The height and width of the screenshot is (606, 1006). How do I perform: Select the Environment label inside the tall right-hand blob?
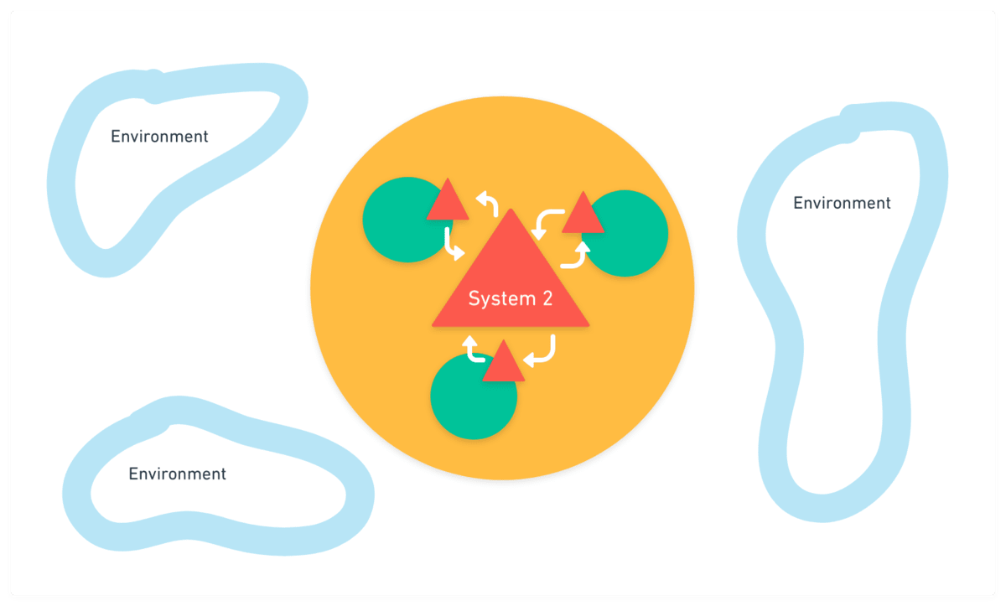click(842, 203)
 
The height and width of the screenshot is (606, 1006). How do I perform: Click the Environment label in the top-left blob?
click(159, 136)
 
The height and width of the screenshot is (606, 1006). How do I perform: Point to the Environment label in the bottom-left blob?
click(177, 474)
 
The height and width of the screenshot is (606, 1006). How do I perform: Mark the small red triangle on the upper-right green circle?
click(583, 215)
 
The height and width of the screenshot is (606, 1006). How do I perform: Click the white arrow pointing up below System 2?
click(474, 350)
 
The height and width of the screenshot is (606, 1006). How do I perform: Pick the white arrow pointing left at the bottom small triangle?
click(540, 352)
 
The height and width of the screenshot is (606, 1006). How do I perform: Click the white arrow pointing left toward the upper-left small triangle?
click(489, 202)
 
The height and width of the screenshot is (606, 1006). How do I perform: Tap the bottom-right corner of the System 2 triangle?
click(589, 325)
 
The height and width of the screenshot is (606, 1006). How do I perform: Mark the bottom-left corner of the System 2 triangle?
click(432, 325)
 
